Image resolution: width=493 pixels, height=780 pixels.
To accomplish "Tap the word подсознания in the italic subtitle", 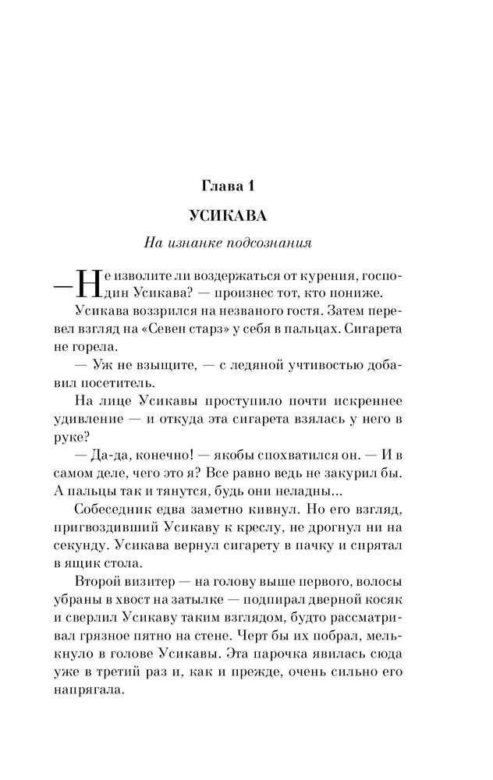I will click(x=268, y=243).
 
